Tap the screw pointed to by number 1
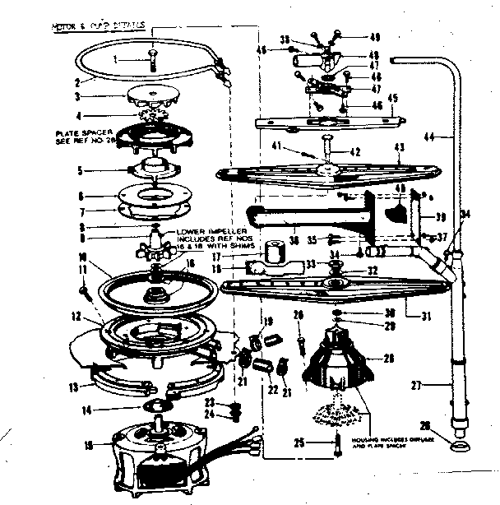(x=151, y=60)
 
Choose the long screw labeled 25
(x=336, y=443)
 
